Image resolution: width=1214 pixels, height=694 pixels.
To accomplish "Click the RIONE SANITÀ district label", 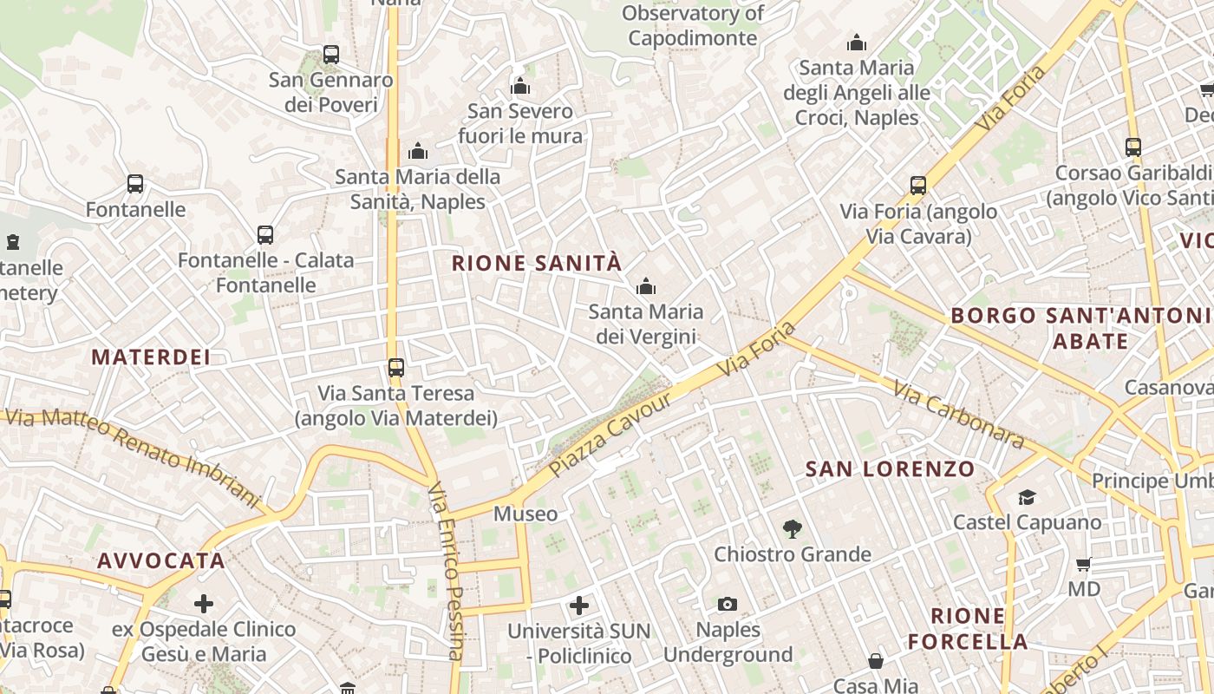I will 537,263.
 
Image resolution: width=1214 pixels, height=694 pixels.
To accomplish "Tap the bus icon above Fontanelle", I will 135,184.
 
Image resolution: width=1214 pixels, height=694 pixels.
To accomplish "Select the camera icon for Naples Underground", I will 728,604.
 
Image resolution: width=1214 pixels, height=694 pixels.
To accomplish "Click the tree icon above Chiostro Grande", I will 792,527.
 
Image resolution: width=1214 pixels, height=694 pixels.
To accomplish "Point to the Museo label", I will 525,514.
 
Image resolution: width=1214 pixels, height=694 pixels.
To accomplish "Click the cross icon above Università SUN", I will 579,605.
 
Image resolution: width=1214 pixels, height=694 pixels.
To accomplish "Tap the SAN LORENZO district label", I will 890,469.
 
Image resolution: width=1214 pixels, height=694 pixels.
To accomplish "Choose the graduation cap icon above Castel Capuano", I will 1027,497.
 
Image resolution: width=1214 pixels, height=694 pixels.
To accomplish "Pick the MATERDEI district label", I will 151,357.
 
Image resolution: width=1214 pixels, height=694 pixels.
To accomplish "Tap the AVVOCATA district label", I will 161,560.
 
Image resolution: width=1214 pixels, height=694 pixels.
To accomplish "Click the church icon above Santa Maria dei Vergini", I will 645,285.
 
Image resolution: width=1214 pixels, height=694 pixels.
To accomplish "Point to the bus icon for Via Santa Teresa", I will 396,368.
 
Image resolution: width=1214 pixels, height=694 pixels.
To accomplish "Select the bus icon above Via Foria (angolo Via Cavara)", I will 918,185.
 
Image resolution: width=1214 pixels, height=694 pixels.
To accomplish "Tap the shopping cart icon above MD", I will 1083,565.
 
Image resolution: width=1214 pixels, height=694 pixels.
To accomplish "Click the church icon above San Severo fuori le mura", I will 520,85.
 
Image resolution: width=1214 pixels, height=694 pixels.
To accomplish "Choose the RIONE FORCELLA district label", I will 968,629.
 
